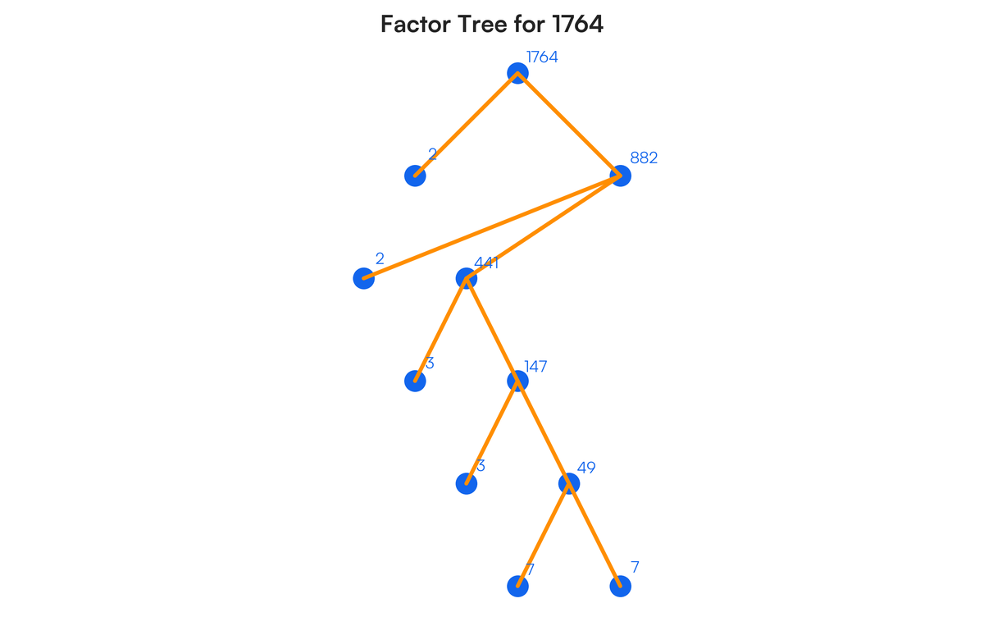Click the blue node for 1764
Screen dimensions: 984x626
[517, 73]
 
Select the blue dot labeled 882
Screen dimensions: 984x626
[621, 176]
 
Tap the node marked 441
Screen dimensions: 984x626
[466, 279]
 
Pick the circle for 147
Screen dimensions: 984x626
[517, 381]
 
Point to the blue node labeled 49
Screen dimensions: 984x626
[568, 483]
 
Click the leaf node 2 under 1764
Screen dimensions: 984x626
[415, 176]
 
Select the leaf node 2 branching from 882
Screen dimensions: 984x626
[363, 279]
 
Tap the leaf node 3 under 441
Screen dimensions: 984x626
[415, 381]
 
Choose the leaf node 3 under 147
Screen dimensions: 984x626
[466, 483]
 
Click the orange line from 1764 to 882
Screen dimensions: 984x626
[569, 125]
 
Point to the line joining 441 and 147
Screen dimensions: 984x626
[492, 330]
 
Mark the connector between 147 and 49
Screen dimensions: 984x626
[543, 432]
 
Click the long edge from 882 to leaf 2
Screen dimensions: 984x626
[492, 227]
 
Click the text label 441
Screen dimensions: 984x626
[486, 263]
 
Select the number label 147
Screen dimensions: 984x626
[535, 367]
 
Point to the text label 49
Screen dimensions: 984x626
[586, 468]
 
